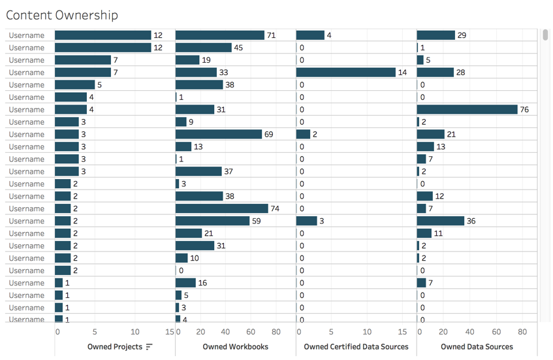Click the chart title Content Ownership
62,15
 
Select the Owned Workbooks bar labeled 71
220,35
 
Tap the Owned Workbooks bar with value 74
222,208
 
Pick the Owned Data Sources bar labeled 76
467,109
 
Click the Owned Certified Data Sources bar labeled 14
346,73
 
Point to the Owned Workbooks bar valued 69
219,134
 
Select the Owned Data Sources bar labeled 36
441,221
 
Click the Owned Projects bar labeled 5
75,85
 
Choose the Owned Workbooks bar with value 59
213,221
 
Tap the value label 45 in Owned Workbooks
238,48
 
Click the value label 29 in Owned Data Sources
462,35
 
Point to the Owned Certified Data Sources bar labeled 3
306,221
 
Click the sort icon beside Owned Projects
149,347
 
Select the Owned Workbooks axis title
235,347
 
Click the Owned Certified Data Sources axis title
356,347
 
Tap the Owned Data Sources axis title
477,347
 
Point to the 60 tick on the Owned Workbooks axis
251,332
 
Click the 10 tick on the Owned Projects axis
135,332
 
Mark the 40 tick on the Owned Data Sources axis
470,332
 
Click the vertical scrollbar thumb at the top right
545,35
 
